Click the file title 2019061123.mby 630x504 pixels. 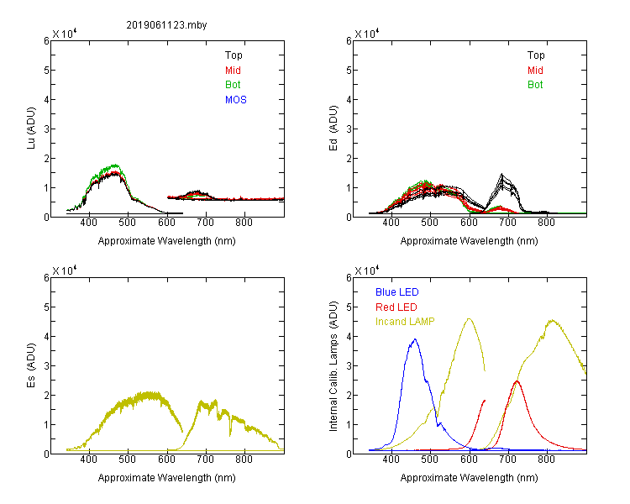pyautogui.click(x=166, y=25)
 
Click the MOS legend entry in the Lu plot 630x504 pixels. pyautogui.click(x=236, y=100)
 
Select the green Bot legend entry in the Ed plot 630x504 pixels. pyautogui.click(x=535, y=85)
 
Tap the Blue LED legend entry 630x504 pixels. pyautogui.click(x=397, y=292)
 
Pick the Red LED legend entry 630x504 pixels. pyautogui.click(x=396, y=307)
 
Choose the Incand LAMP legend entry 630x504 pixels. pyautogui.click(x=405, y=322)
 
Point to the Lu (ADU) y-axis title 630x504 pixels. pyautogui.click(x=31, y=129)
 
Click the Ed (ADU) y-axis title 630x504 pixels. pyautogui.click(x=333, y=129)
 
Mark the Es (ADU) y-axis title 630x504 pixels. pyautogui.click(x=31, y=365)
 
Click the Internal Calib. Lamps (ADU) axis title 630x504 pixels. pyautogui.click(x=333, y=366)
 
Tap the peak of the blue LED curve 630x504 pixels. pyautogui.click(x=415, y=339)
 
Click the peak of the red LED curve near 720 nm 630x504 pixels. pyautogui.click(x=517, y=381)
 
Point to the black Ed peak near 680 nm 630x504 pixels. pyautogui.click(x=501, y=174)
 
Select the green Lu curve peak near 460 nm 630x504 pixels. pyautogui.click(x=115, y=165)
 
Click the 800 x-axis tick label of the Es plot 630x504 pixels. pyautogui.click(x=244, y=459)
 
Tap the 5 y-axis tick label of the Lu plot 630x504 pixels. pyautogui.click(x=46, y=71)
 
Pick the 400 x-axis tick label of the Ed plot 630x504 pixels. pyautogui.click(x=391, y=223)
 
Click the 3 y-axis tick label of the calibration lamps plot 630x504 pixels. pyautogui.click(x=349, y=365)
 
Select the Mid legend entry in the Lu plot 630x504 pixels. pyautogui.click(x=233, y=71)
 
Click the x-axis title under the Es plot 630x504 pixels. pyautogui.click(x=167, y=478)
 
